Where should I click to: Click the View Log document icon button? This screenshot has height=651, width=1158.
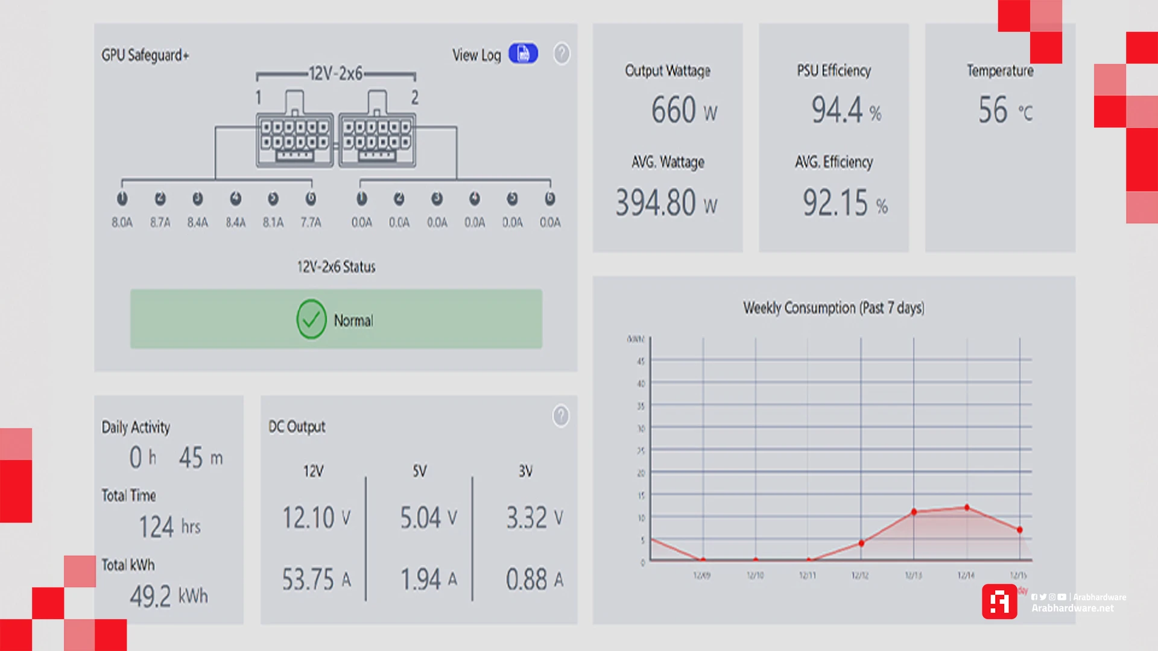[x=523, y=54]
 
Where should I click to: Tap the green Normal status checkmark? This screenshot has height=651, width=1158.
[x=311, y=319]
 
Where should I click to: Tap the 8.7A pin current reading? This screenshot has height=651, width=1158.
[x=160, y=222]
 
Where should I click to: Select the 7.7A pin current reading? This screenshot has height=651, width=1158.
[x=311, y=222]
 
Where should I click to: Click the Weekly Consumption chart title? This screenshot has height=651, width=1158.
[x=834, y=308]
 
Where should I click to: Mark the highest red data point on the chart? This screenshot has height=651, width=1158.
[x=967, y=508]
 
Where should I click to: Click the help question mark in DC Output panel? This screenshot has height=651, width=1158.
[x=560, y=416]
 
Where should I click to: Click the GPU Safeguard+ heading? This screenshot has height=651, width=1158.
[x=145, y=55]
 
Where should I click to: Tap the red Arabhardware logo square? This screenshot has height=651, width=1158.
[x=999, y=602]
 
